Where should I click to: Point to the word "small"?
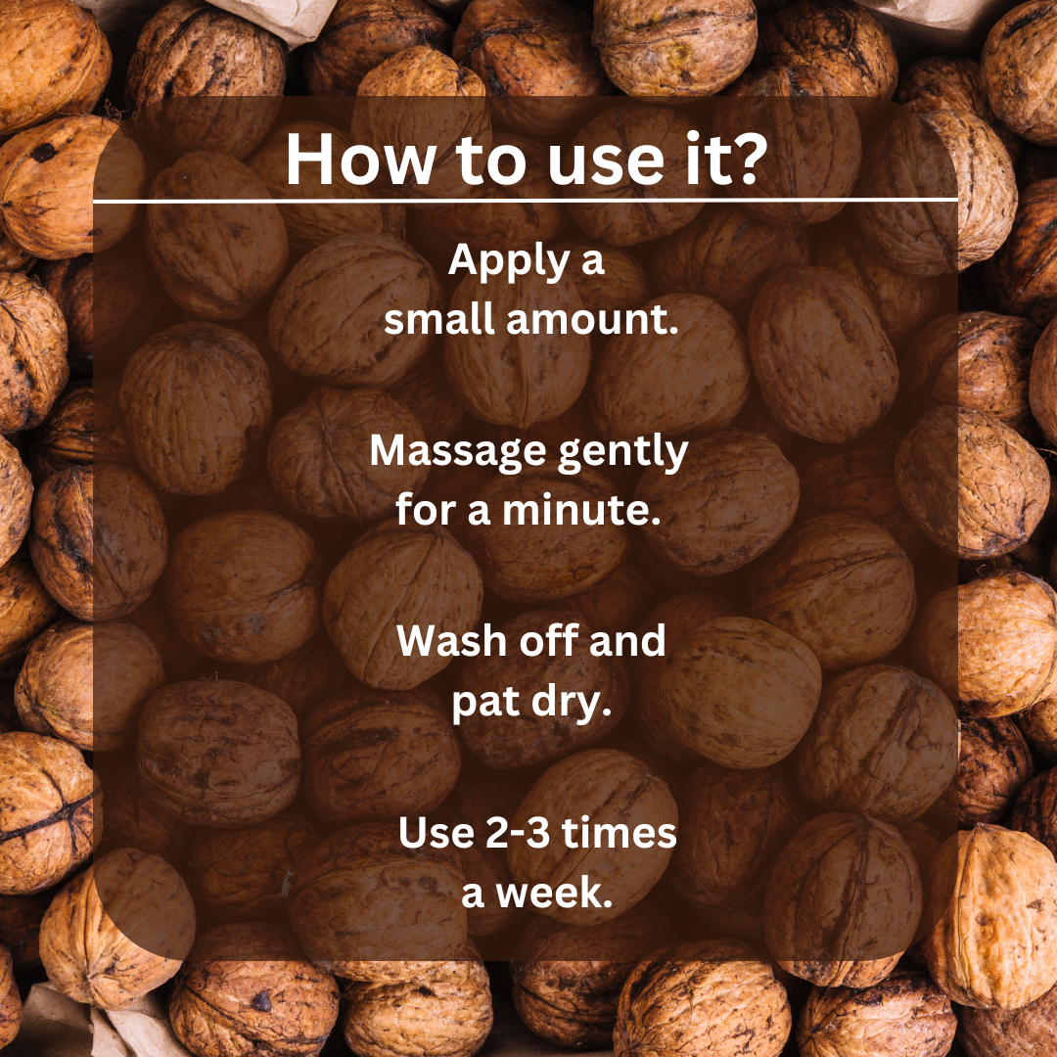point(437,320)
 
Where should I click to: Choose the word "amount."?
point(590,320)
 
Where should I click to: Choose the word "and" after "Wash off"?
point(630,641)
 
